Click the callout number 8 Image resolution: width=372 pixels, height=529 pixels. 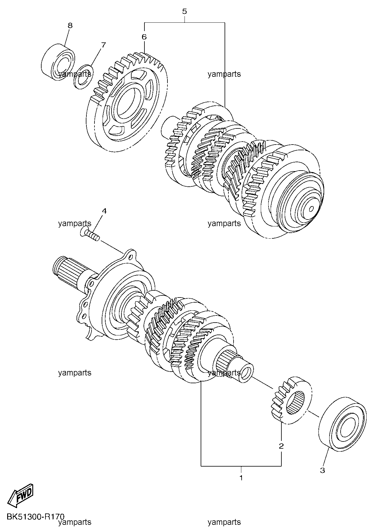click(x=70, y=26)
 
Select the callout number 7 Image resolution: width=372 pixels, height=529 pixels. click(x=103, y=45)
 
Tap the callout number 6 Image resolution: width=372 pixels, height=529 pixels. click(x=144, y=37)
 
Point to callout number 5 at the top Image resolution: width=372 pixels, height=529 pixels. click(x=185, y=12)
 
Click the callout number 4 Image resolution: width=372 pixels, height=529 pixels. click(x=104, y=211)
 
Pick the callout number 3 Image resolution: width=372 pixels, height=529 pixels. click(x=322, y=470)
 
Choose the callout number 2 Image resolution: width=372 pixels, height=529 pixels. click(x=281, y=446)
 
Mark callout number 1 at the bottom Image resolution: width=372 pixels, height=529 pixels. click(x=241, y=477)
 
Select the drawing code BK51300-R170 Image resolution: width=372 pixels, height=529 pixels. click(x=35, y=516)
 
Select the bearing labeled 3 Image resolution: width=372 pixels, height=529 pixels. click(x=343, y=422)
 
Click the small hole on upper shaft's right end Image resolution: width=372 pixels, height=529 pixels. click(x=311, y=208)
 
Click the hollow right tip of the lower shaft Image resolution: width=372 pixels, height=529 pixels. click(x=246, y=372)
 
